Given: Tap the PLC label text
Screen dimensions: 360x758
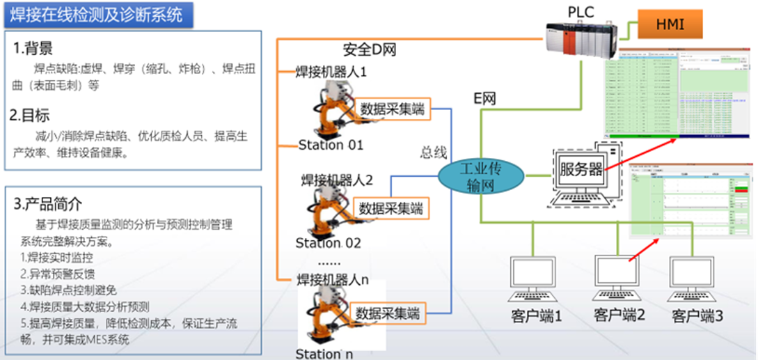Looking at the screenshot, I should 581,11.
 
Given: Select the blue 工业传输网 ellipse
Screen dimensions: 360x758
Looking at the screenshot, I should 481,177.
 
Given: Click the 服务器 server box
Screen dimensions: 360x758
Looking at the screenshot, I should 581,170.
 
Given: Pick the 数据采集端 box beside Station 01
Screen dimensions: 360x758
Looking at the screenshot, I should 393,109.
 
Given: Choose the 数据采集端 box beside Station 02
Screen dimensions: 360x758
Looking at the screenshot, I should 390,208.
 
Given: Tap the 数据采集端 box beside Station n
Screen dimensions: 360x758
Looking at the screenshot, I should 388,313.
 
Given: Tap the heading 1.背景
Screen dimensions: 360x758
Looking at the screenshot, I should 33,48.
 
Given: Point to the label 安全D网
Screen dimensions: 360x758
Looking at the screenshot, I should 370,49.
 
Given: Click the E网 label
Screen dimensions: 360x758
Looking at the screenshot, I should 484,98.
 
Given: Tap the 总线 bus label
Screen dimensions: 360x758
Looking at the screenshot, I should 433,152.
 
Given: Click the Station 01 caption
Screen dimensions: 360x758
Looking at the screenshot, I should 331,145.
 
